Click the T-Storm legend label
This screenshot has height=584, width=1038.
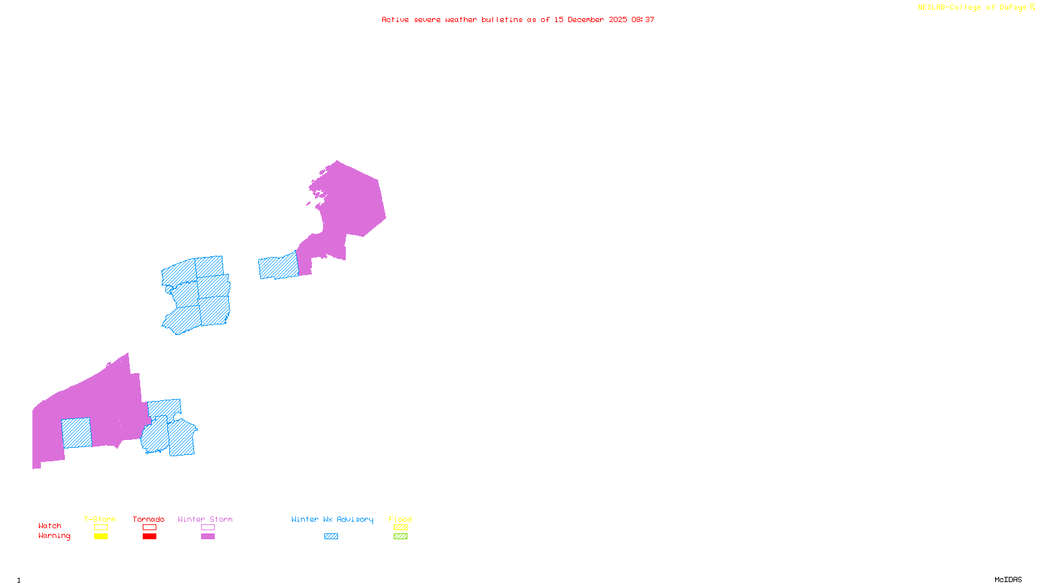coord(100,519)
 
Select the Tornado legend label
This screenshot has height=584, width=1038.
coord(149,519)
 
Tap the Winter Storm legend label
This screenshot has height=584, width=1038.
coord(205,519)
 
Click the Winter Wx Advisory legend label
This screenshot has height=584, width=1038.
coord(332,519)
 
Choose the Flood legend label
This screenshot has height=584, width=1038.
coord(400,519)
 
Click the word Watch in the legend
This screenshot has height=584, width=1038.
coord(50,526)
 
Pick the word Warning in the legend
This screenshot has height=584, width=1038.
coord(54,536)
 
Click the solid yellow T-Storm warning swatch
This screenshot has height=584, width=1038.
coord(101,537)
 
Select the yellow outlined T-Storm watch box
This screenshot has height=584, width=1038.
coord(101,528)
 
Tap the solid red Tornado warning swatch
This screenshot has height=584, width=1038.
coord(150,537)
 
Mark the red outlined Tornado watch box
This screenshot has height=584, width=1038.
coord(150,528)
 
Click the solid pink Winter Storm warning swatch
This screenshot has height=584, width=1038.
coord(208,537)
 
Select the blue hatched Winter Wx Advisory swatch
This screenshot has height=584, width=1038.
coord(331,537)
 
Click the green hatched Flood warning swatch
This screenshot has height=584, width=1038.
coord(401,537)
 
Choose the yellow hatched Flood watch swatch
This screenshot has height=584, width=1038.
coord(401,528)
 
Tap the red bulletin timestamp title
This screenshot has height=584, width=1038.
coord(518,19)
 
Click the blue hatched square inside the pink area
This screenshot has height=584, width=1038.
coord(77,433)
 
